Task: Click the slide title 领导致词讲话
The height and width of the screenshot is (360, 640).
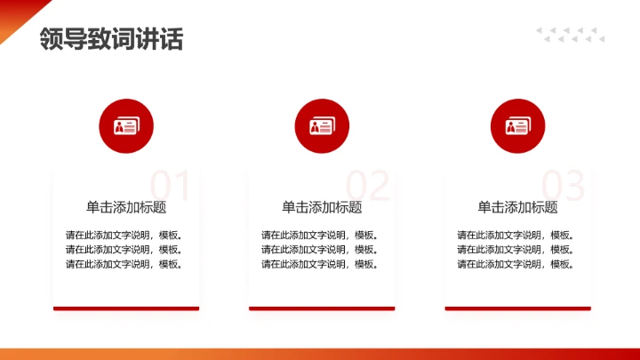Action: point(111,39)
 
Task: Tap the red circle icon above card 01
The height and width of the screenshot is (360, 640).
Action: point(126,126)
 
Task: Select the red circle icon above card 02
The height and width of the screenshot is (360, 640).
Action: point(322,126)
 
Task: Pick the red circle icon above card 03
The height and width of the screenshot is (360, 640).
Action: point(518,126)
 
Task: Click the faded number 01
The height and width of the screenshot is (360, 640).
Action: point(170,186)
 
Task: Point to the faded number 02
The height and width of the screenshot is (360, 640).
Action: point(367,186)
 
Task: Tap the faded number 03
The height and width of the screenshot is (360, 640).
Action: point(564,186)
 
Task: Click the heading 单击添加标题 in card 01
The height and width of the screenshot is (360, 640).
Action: point(126,208)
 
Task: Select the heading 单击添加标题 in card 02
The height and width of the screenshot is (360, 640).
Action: point(322,208)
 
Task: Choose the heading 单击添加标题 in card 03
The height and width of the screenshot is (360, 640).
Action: point(518,208)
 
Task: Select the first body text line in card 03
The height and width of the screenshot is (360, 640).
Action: point(516,236)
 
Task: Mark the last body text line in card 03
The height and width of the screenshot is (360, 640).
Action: point(516,264)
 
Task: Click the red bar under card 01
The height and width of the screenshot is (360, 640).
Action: point(126,308)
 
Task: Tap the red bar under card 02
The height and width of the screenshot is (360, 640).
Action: point(322,308)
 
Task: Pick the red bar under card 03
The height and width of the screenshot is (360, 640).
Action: point(518,308)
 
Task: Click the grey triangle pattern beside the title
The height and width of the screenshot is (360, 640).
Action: point(570,35)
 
